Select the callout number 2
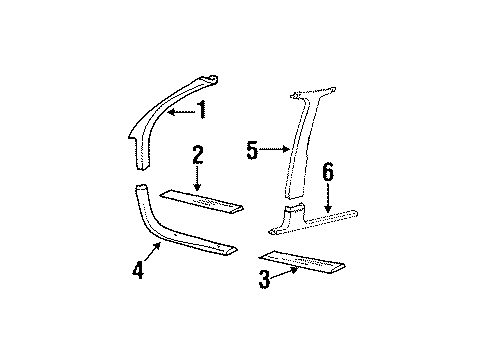(198, 154)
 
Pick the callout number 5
(253, 151)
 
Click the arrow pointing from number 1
(180, 112)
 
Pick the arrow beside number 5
(277, 150)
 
